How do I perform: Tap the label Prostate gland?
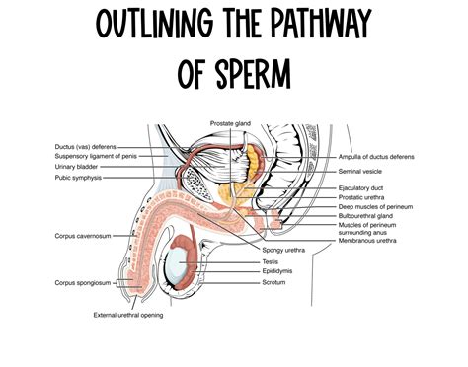[x=229, y=123]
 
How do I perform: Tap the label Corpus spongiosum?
[x=80, y=282]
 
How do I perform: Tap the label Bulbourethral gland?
[x=364, y=215]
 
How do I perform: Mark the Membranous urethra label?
[x=366, y=241]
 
